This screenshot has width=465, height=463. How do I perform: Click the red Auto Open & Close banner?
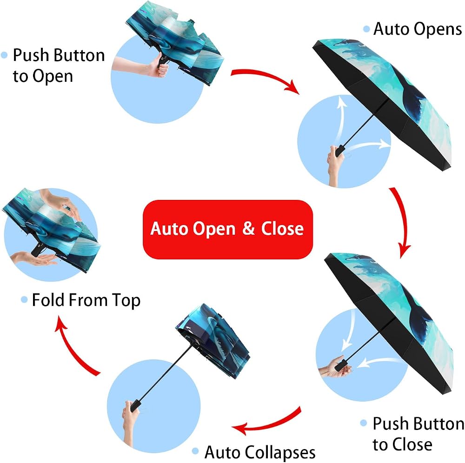tap(228, 230)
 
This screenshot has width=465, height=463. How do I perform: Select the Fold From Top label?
tap(86, 300)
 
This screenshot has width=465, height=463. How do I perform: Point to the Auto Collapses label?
tap(260, 453)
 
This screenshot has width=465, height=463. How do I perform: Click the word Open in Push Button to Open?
tap(53, 77)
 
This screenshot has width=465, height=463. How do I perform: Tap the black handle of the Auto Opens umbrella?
tap(340, 151)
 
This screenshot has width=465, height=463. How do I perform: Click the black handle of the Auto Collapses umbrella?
tap(135, 405)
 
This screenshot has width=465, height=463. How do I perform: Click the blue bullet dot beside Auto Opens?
tap(366, 29)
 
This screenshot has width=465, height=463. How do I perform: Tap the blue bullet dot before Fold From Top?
tap(24, 299)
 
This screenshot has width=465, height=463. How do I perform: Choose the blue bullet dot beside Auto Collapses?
tap(195, 451)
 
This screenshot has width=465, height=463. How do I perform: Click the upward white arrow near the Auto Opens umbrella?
tap(340, 119)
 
